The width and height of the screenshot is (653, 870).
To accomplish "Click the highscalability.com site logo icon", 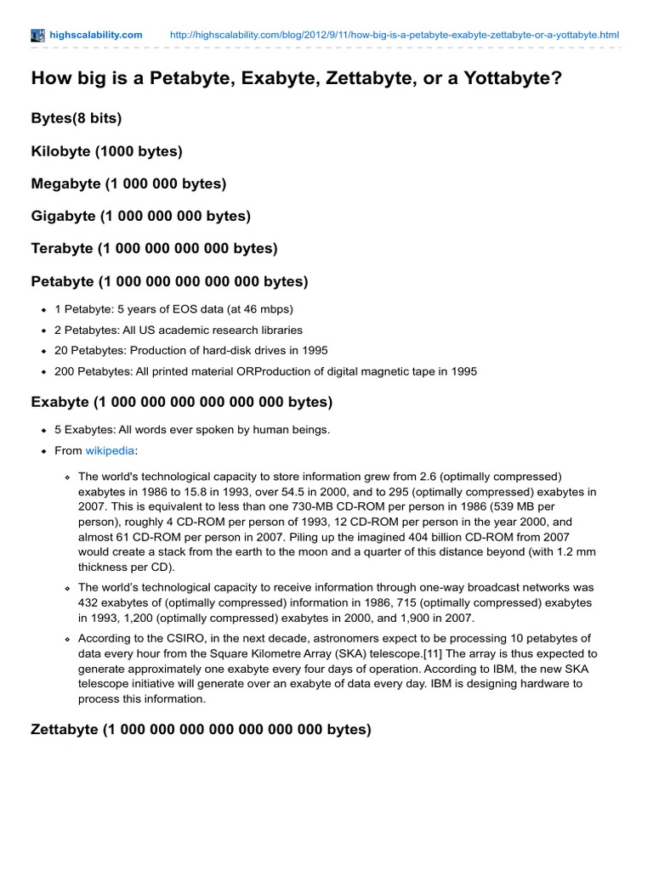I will (37, 35).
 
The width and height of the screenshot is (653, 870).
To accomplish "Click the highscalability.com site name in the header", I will (95, 35).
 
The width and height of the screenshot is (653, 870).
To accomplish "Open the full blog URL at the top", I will (395, 35).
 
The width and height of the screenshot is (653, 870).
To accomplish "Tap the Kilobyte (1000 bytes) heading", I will (106, 151).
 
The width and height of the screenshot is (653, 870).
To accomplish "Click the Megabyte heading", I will (128, 184).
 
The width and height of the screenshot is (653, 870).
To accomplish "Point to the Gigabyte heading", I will (140, 216).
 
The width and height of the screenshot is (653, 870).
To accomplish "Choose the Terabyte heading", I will (154, 248).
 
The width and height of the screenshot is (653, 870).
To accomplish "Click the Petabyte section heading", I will (169, 280).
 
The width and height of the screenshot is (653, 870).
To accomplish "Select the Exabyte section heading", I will (181, 401).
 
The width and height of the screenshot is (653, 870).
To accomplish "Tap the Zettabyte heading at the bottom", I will (201, 729).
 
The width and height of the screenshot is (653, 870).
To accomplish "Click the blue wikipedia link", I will (110, 450).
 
